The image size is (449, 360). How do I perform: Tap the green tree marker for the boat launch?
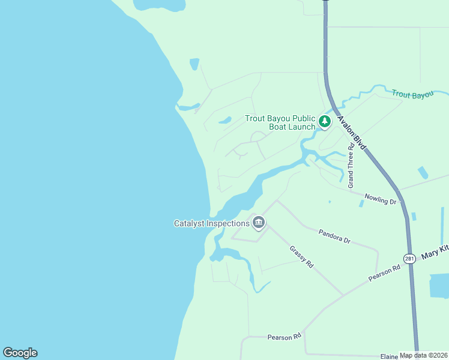tap(325, 122)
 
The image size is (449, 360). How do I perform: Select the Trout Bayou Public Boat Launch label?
tap(280, 122)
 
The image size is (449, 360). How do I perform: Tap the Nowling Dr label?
tap(381, 198)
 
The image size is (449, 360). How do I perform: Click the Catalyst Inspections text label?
tap(211, 224)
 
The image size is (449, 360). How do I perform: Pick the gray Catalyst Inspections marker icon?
tap(259, 223)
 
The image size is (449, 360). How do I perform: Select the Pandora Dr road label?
tap(334, 236)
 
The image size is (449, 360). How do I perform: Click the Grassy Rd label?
tap(301, 257)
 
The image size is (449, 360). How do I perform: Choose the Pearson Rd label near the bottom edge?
tap(284, 337)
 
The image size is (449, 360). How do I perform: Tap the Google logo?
tap(20, 353)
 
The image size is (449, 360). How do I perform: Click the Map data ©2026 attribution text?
tap(423, 355)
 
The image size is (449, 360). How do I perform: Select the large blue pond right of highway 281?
tap(439, 286)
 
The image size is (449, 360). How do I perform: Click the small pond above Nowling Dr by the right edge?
tap(423, 173)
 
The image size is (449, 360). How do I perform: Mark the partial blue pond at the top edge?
tap(159, 5)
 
